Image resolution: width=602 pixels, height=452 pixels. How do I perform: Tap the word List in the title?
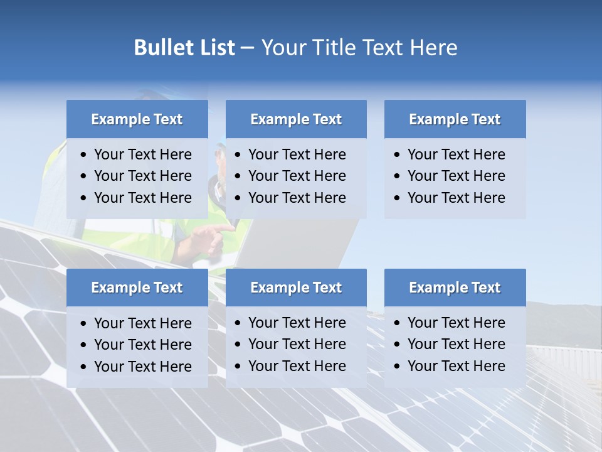pyautogui.click(x=215, y=48)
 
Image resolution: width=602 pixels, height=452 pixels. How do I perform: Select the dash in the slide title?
pyautogui.click(x=247, y=48)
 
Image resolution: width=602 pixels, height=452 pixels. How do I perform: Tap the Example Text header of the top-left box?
pyautogui.click(x=137, y=119)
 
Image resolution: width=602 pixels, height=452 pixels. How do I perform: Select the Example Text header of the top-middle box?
pyautogui.click(x=296, y=119)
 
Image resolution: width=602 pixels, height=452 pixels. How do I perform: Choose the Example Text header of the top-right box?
pyautogui.click(x=455, y=119)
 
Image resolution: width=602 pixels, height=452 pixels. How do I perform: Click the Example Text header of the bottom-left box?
pyautogui.click(x=137, y=288)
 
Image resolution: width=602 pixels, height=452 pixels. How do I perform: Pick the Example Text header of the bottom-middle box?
pyautogui.click(x=296, y=288)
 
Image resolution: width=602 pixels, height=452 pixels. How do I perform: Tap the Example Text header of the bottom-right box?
pyautogui.click(x=455, y=288)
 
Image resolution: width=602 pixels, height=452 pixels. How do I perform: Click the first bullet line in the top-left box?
pyautogui.click(x=142, y=154)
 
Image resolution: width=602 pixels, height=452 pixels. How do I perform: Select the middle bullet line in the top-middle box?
pyautogui.click(x=297, y=176)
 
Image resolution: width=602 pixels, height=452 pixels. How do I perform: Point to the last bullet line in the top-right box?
pyautogui.click(x=456, y=198)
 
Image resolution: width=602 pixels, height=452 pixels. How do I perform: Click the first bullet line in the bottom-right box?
pyautogui.click(x=456, y=323)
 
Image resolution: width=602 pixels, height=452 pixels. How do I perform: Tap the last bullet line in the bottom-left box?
pyautogui.click(x=142, y=367)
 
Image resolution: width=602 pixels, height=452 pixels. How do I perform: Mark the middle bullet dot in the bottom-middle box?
pyautogui.click(x=238, y=345)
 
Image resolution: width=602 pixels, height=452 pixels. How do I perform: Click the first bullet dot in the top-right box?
pyautogui.click(x=397, y=155)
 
